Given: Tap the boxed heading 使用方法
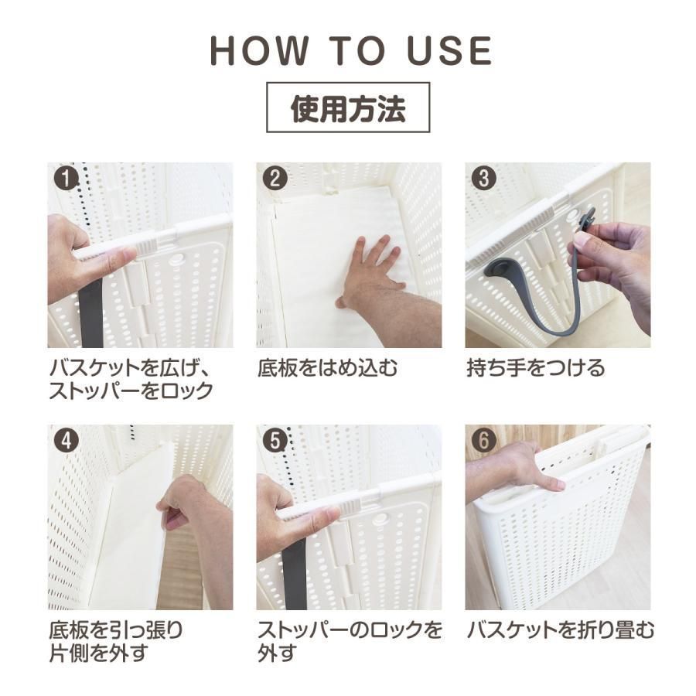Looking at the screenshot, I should [348, 109].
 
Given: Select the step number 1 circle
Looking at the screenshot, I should [67, 179].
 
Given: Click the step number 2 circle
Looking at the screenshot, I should [275, 179].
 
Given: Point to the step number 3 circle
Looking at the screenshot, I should [484, 179].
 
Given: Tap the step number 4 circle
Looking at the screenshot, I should [67, 441].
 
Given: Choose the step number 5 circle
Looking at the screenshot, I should [275, 441].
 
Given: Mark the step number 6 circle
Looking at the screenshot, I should [484, 441].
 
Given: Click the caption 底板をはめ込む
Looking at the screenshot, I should [328, 368].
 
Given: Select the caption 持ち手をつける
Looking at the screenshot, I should [536, 368].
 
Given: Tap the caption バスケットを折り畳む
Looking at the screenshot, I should [561, 630].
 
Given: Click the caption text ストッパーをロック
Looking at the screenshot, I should [130, 391].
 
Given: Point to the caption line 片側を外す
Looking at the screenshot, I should [98, 653].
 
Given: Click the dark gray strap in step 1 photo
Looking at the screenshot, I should [90, 309].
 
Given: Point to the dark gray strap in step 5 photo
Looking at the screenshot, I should [295, 572].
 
